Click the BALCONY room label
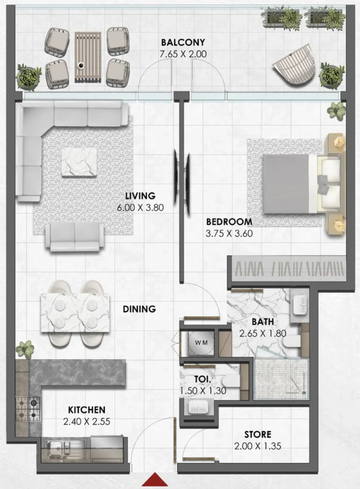coord(183,42)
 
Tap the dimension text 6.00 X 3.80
coord(140,208)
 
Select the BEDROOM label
coord(229,222)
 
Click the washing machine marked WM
coord(202,342)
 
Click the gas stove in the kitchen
coord(28,409)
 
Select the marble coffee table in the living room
coord(79,162)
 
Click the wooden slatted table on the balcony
coord(88,57)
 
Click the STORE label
coord(258,434)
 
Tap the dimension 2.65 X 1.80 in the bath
coord(263,333)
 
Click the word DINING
coord(139,309)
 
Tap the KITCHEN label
coord(86,409)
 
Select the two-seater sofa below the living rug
coord(75,237)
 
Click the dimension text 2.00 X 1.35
coord(258,446)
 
